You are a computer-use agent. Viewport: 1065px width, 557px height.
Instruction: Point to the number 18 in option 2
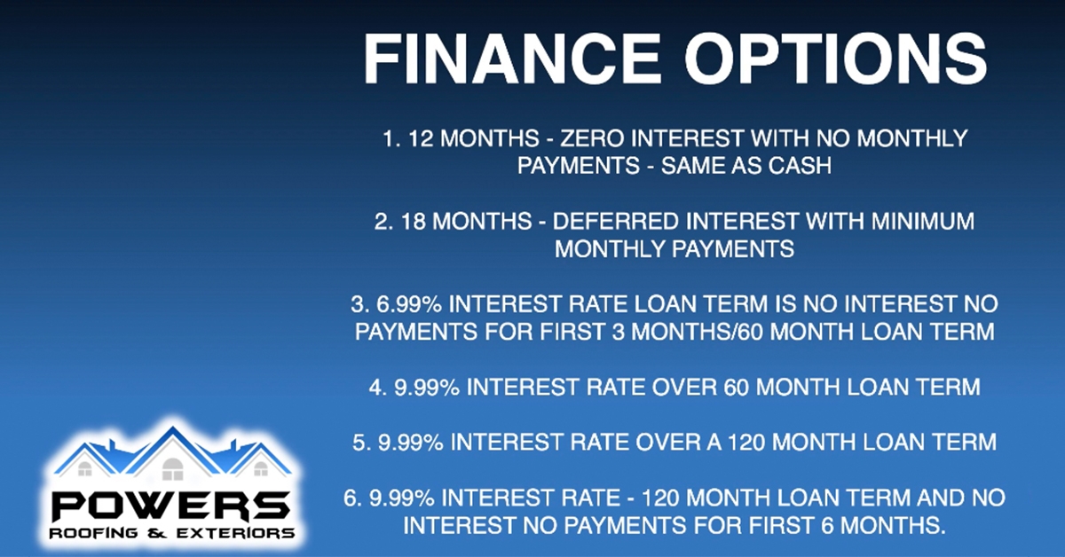tap(413, 222)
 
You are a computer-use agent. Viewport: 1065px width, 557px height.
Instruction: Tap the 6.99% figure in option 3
tap(409, 304)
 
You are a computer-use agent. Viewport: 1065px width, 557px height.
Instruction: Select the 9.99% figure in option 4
tap(427, 388)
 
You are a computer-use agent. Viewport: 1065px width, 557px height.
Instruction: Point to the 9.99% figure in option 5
tap(411, 443)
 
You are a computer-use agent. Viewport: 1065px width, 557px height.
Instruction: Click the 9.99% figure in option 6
tap(402, 498)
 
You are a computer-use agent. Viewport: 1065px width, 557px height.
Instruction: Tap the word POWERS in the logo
tap(170, 506)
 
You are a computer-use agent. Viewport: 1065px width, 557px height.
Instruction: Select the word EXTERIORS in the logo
tap(235, 533)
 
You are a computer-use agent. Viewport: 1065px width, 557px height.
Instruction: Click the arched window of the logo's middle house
tap(172, 469)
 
